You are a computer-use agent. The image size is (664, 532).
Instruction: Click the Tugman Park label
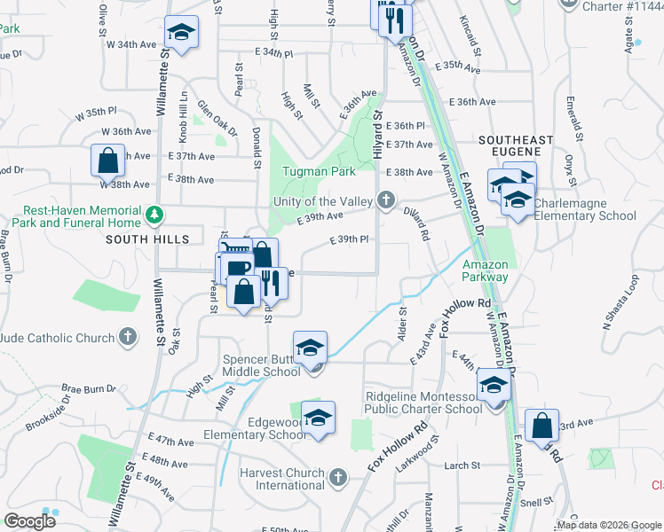click(x=319, y=171)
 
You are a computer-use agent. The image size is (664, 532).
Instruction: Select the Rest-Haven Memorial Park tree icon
click(x=155, y=215)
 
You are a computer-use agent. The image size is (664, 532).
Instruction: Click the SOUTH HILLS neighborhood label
click(x=147, y=239)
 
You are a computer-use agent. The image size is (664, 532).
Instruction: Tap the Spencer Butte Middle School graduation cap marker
click(x=311, y=347)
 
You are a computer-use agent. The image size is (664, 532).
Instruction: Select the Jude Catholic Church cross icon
click(x=129, y=337)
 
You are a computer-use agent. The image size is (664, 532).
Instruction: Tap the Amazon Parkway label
click(x=485, y=270)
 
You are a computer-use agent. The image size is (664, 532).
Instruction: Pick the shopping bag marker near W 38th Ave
click(x=107, y=161)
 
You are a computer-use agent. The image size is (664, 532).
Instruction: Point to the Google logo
click(x=30, y=521)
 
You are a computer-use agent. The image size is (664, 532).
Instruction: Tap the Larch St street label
click(x=462, y=465)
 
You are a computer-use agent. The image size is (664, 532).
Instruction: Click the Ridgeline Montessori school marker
click(x=494, y=386)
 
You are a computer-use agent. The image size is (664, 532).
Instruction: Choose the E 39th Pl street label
click(x=349, y=239)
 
